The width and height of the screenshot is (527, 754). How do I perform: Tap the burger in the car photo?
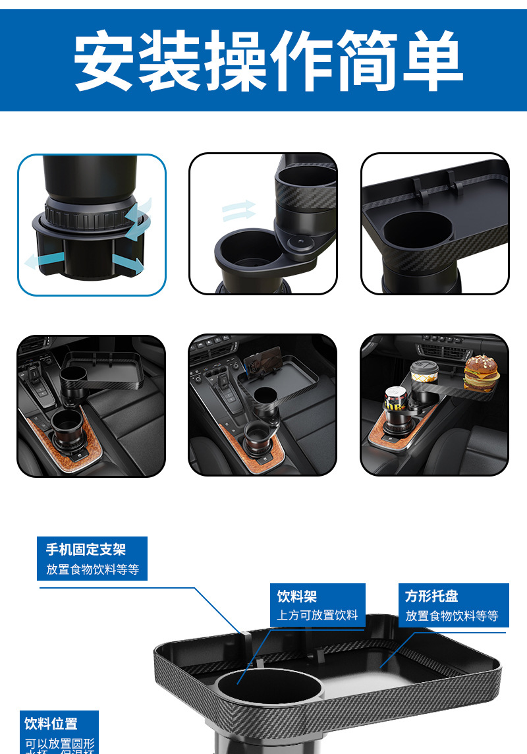[480, 374]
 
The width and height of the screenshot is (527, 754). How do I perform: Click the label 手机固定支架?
[86, 549]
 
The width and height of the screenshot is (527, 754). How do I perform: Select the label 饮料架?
[297, 596]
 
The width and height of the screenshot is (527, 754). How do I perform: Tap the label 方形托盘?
[431, 596]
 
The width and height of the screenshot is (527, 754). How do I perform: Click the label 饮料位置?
[51, 723]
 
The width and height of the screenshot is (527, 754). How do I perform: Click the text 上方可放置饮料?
[318, 615]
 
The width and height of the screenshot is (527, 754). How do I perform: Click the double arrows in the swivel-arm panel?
[238, 211]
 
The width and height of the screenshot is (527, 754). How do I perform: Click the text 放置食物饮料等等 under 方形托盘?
[452, 616]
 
